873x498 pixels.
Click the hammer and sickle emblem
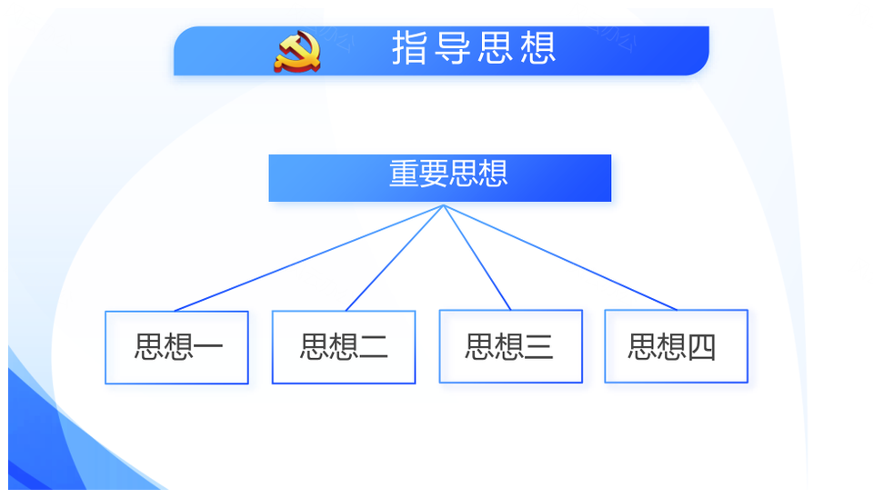click(x=297, y=52)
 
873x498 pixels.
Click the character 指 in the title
click(x=410, y=48)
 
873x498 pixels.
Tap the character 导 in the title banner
click(x=452, y=48)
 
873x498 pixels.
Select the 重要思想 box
click(x=440, y=178)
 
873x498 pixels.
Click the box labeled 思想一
click(x=176, y=347)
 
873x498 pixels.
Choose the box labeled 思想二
click(x=344, y=347)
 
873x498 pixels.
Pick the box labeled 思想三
click(x=510, y=346)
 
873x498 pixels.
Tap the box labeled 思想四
click(x=676, y=346)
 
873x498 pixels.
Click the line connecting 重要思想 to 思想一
click(x=309, y=257)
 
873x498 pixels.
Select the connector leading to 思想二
click(x=395, y=257)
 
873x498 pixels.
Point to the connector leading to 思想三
click(x=477, y=257)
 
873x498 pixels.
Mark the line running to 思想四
click(x=560, y=257)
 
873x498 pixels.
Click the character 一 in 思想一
click(x=208, y=346)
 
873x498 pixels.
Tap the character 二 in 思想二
click(x=374, y=346)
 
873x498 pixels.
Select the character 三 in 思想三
click(x=539, y=346)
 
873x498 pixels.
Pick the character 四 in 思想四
click(x=701, y=346)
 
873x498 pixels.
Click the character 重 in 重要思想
click(x=404, y=173)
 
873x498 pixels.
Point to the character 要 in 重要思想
click(x=433, y=173)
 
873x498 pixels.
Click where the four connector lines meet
click(x=444, y=205)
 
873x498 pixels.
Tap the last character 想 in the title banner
click(x=538, y=48)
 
